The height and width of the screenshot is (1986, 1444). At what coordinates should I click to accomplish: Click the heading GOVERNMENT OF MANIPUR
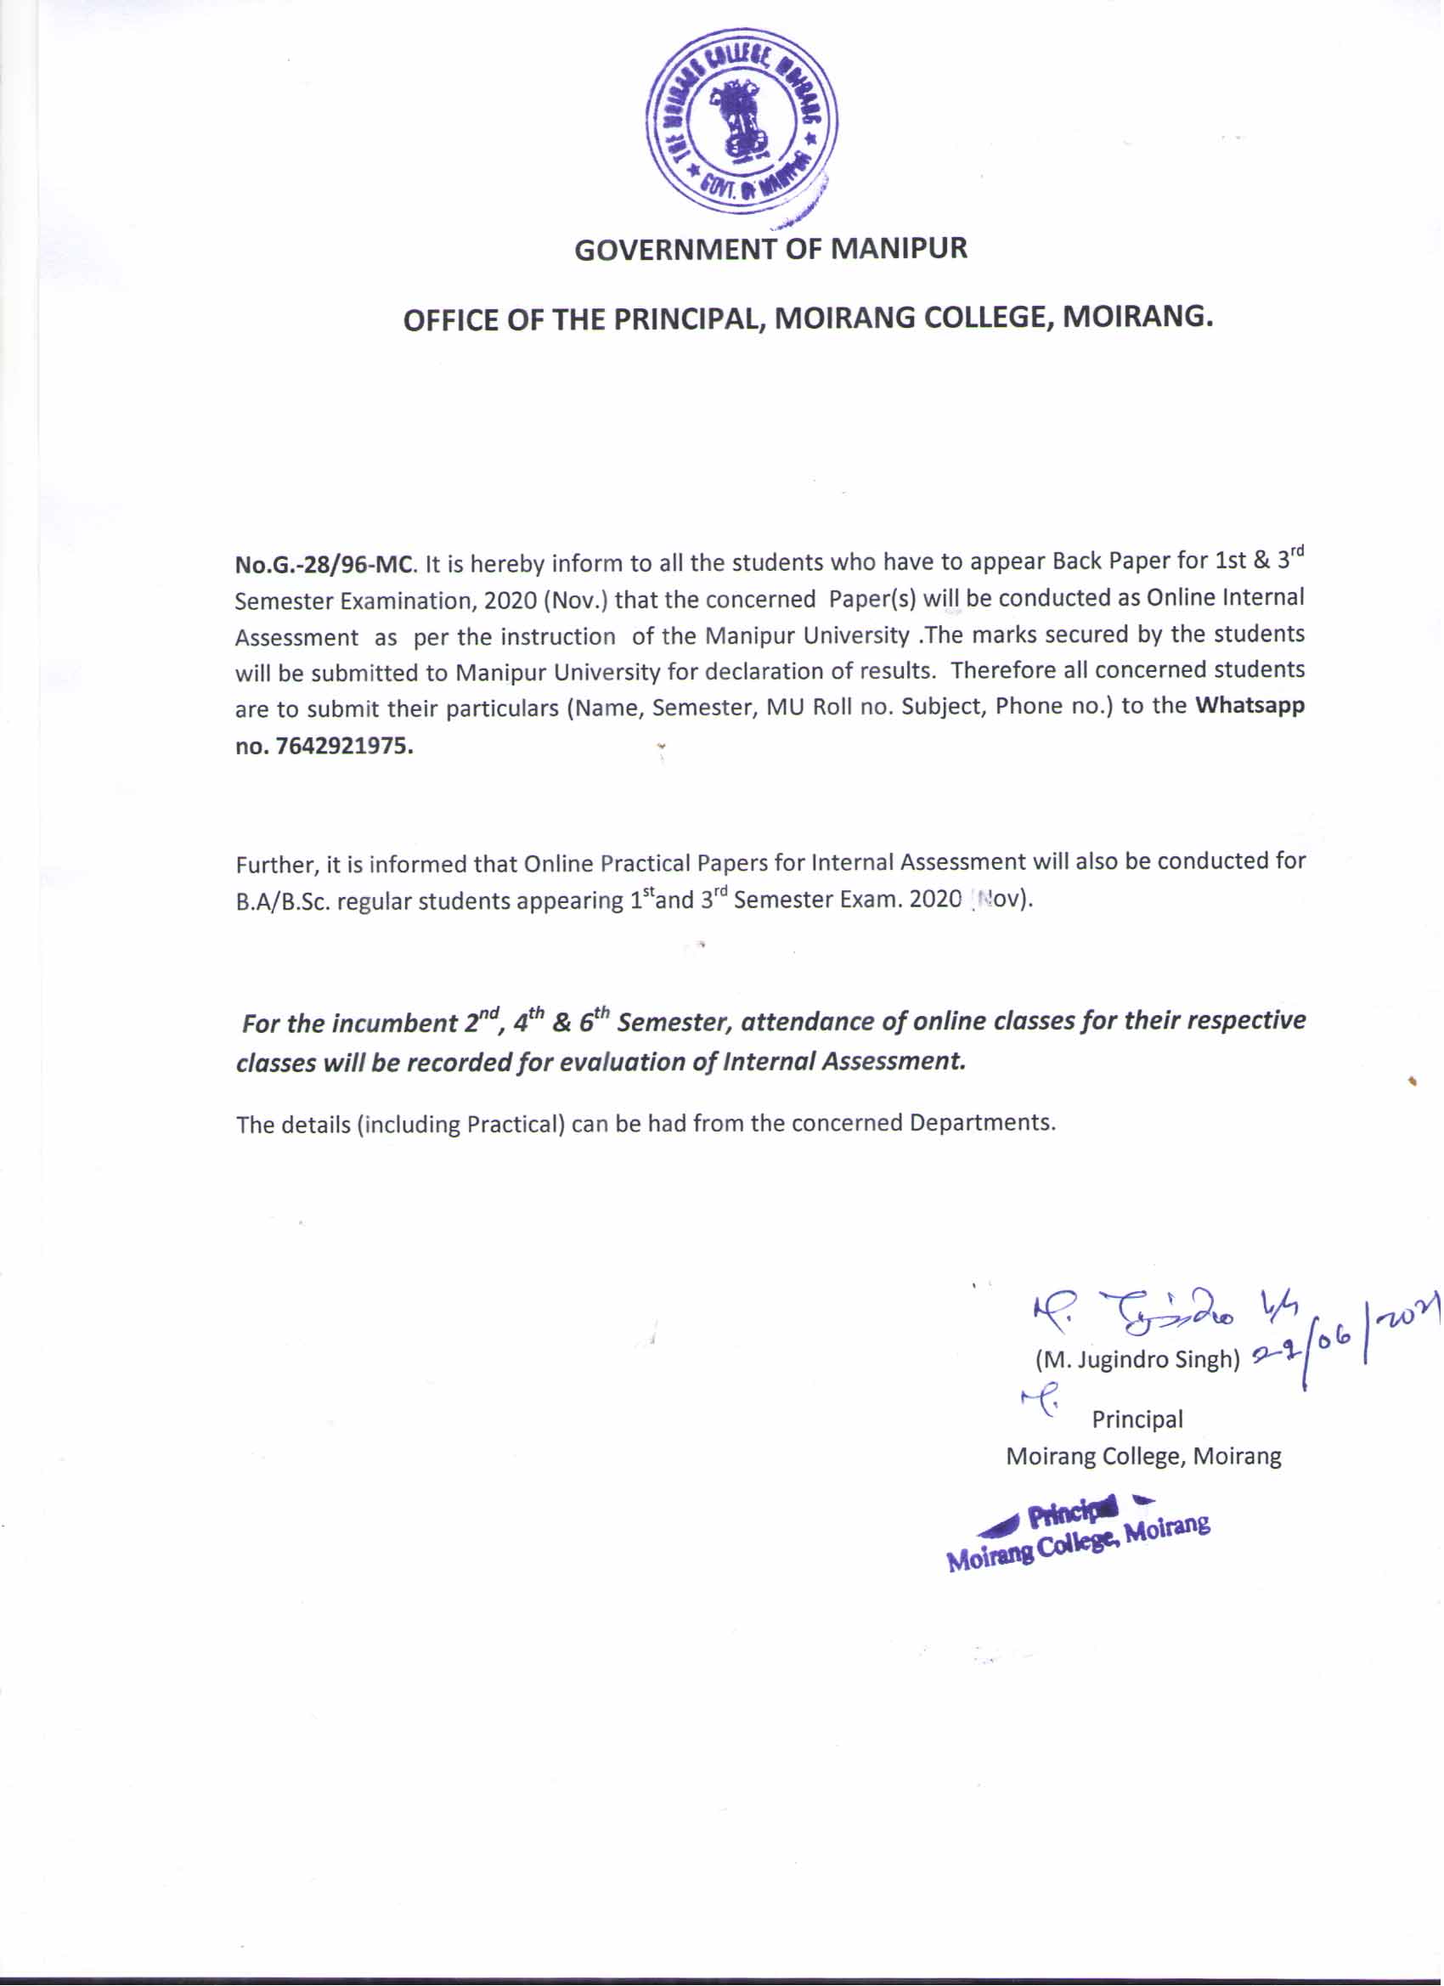[x=770, y=250]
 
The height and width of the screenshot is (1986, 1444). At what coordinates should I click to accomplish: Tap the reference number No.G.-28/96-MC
[x=322, y=564]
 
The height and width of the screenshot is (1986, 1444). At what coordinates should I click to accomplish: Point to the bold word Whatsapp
[x=1249, y=706]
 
